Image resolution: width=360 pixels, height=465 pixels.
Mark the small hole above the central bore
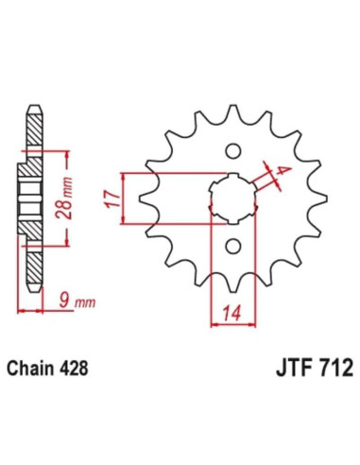pos(231,149)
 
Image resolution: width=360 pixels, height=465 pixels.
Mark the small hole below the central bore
pos(231,248)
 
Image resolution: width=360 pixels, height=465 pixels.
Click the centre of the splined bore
pos(231,198)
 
